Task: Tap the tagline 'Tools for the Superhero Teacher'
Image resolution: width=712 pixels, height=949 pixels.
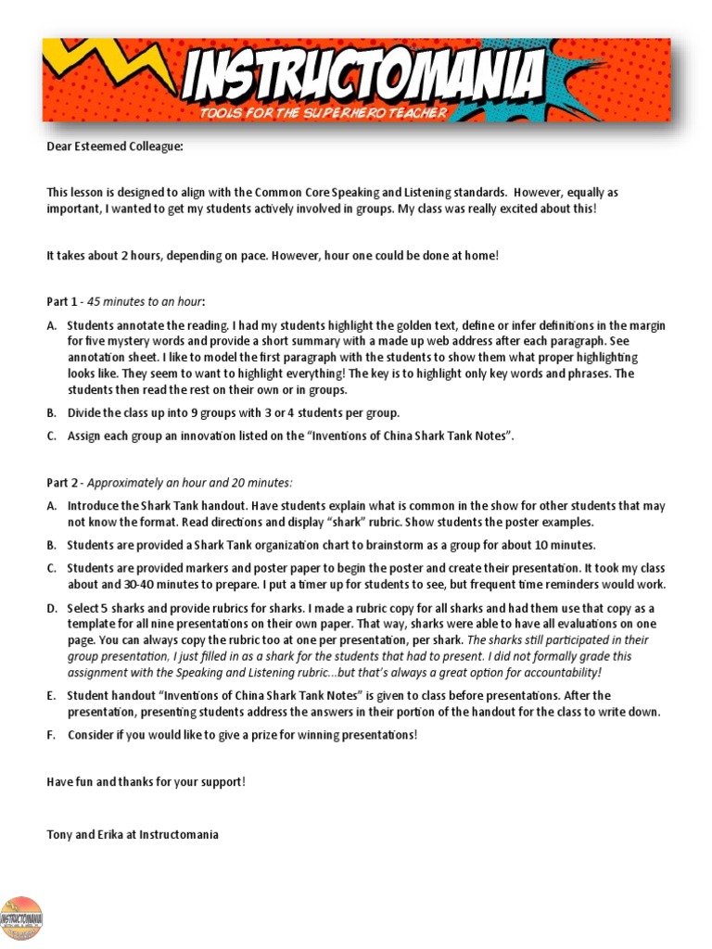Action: pyautogui.click(x=323, y=113)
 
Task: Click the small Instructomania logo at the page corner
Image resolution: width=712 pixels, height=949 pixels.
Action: pyautogui.click(x=22, y=918)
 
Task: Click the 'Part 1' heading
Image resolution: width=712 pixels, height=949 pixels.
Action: pyautogui.click(x=63, y=301)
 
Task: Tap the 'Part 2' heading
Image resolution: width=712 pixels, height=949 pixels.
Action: pyautogui.click(x=63, y=483)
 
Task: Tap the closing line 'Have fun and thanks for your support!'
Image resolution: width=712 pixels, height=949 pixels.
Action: pyautogui.click(x=146, y=781)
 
